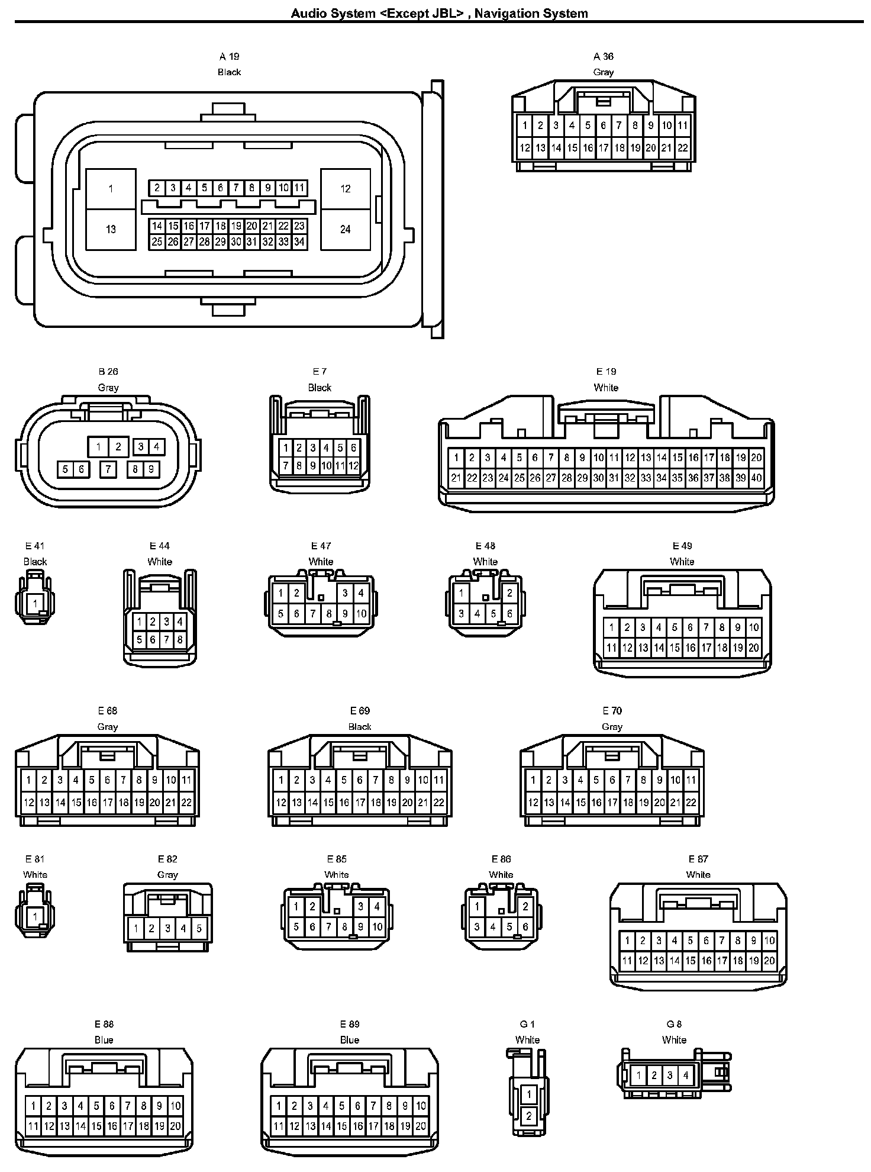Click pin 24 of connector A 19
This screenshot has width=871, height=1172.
click(346, 229)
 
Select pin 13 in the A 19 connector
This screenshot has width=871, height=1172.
click(111, 229)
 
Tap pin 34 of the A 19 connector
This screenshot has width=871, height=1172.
click(299, 242)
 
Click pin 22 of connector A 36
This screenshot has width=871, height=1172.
click(683, 148)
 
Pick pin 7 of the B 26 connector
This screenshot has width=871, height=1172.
click(108, 469)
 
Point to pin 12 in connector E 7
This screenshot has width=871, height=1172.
click(353, 466)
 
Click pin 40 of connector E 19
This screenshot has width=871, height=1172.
click(756, 478)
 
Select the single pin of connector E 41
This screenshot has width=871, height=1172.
click(35, 604)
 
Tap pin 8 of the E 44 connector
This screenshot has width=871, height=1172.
click(180, 639)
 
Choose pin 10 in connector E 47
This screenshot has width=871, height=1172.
click(361, 614)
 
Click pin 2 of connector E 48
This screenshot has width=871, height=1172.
click(509, 593)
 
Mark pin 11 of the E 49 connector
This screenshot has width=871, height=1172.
click(611, 648)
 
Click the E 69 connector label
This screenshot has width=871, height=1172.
click(360, 711)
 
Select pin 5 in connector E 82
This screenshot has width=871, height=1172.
click(199, 929)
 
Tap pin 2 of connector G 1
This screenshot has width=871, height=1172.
click(528, 1116)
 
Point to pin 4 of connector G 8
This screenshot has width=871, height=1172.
click(686, 1076)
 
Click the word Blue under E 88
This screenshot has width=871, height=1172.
click(104, 1040)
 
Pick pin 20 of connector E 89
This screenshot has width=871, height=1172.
click(421, 1126)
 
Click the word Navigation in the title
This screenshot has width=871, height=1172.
click(505, 14)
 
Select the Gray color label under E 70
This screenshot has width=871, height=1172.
click(612, 727)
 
